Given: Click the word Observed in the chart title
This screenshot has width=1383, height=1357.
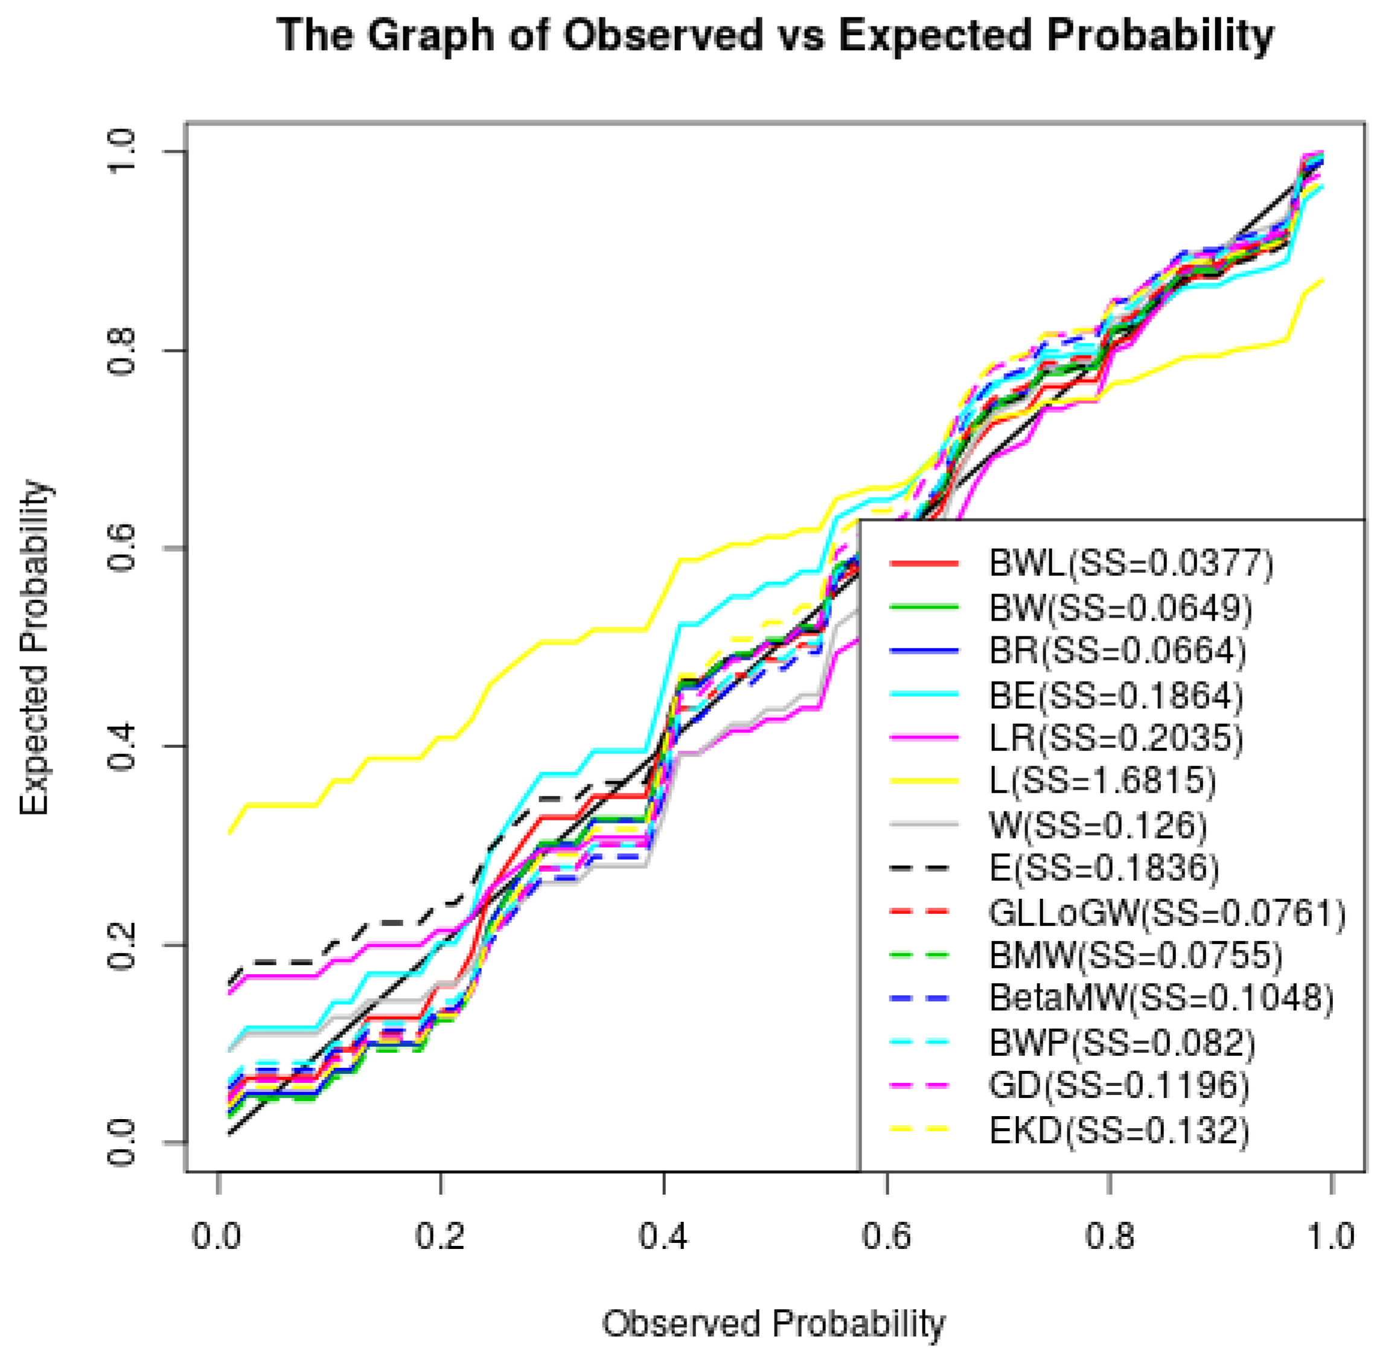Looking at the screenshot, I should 663,36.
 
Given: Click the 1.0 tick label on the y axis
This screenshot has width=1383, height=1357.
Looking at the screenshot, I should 122,151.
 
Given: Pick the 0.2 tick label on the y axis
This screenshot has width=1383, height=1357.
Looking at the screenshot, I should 122,945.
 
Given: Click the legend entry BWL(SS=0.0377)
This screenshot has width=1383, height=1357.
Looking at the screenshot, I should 1131,564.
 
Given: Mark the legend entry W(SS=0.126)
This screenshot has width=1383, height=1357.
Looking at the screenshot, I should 1099,825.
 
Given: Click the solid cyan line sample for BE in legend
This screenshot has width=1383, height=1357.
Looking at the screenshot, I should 923,694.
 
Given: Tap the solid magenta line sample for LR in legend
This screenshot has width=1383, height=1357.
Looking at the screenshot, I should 923,738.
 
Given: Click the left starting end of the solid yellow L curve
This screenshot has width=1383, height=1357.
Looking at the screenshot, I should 229,832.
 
